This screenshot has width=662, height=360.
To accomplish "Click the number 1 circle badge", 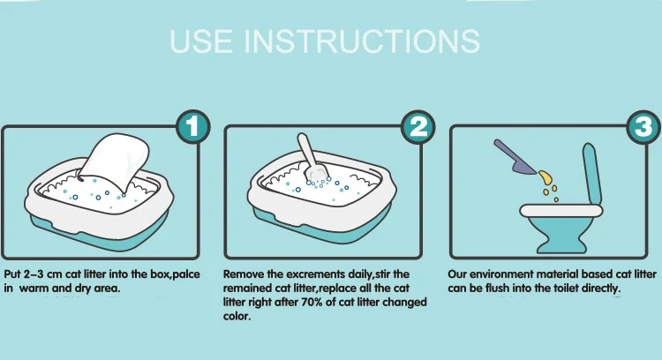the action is (x=193, y=126).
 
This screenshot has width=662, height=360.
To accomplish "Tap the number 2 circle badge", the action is (x=418, y=126).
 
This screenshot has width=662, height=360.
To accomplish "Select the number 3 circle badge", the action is (x=643, y=126).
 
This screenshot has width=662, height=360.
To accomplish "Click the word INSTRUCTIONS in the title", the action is (x=362, y=41).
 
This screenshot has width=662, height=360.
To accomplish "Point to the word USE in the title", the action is (x=201, y=41).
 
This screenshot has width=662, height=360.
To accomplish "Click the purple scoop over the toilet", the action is (x=515, y=157).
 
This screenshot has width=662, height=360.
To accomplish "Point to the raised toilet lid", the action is (x=592, y=173).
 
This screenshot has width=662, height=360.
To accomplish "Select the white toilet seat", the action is (x=561, y=211).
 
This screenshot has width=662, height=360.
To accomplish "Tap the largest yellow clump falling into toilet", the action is (x=545, y=177).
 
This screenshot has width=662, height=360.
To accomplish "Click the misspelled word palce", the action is (x=186, y=274).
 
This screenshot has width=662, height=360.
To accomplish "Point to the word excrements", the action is (x=316, y=274).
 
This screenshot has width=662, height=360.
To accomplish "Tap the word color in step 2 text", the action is (x=237, y=316).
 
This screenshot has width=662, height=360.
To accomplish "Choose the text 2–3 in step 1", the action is (x=34, y=274).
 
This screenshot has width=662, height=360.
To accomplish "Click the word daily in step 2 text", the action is (x=360, y=274).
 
